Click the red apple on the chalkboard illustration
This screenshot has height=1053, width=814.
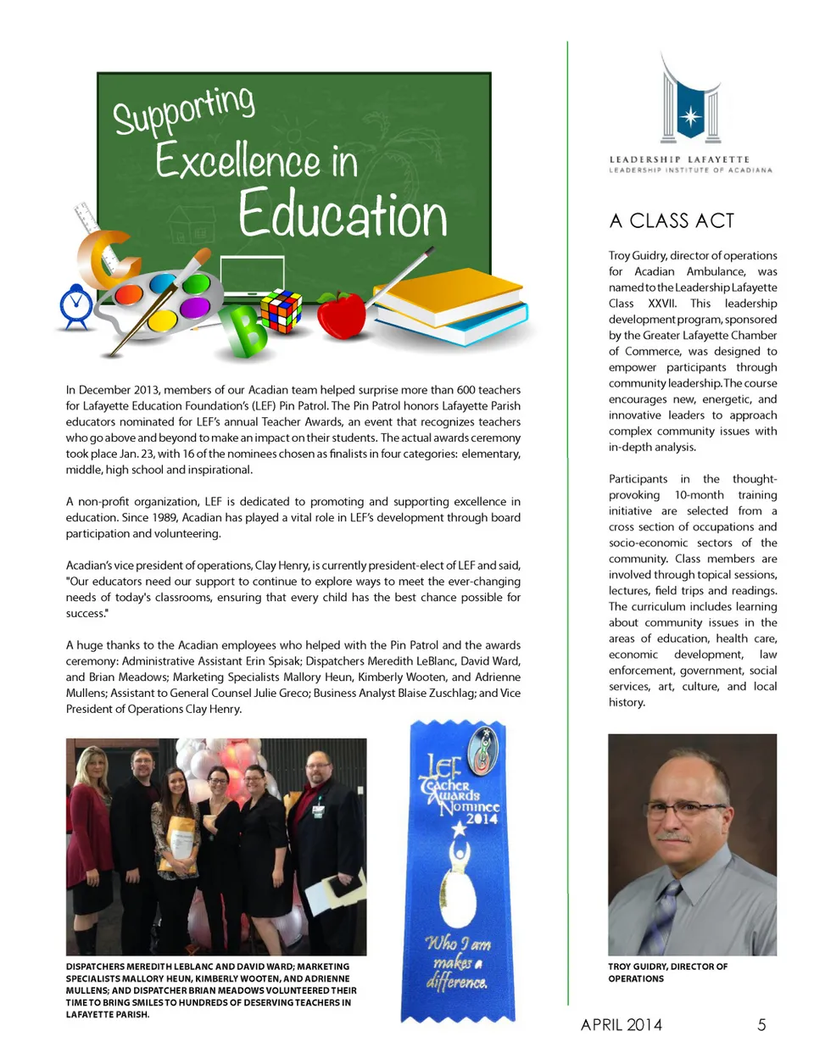pos(341,315)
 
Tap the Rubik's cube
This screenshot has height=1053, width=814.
pos(281,311)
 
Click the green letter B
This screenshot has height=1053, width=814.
pos(245,331)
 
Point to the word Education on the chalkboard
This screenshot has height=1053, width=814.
pos(343,215)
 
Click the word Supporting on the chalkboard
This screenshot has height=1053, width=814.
pos(184,110)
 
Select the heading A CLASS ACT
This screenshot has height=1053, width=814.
pos(672,221)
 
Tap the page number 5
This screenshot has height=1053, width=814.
pos(761,1025)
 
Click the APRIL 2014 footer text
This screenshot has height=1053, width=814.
pos(622,1025)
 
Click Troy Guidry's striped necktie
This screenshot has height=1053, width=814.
pos(664,916)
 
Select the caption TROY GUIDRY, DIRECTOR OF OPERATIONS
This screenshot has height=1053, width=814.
pos(667,972)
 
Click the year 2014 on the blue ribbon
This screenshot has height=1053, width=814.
pos(481,819)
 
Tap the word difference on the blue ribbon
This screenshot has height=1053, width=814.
pos(457,983)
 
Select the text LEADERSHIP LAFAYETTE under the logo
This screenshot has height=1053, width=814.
pos(679,159)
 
